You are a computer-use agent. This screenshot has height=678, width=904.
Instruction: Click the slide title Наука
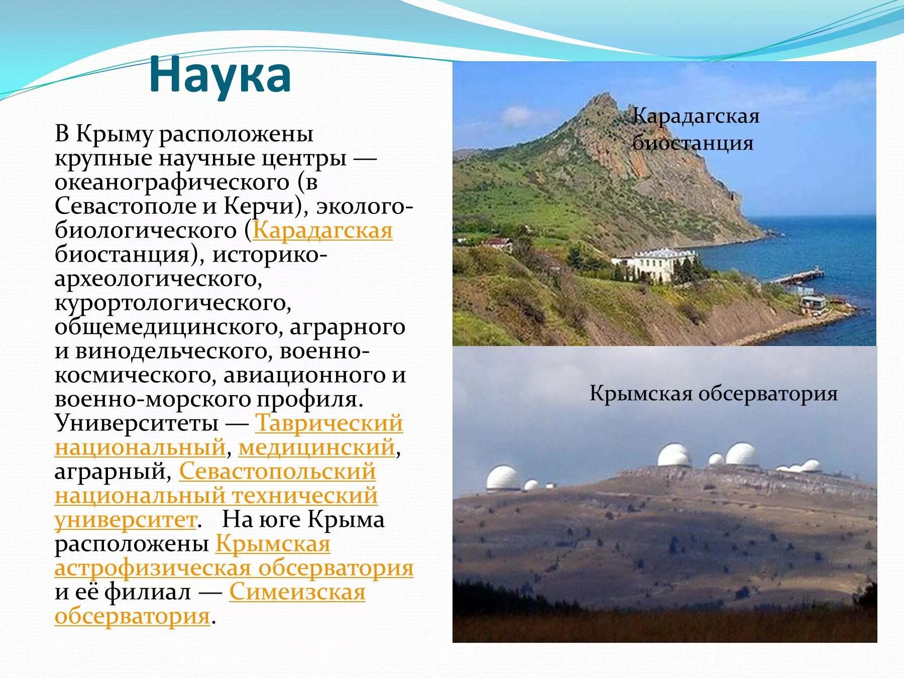[x=220, y=75]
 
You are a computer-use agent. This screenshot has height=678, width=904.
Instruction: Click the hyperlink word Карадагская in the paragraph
[x=322, y=231]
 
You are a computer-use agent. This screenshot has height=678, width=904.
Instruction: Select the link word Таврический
[x=329, y=423]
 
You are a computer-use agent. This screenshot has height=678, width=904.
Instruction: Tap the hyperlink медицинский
[x=316, y=447]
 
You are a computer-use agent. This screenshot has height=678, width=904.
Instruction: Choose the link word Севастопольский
[x=277, y=471]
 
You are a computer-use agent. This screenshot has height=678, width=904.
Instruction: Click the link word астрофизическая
[x=153, y=568]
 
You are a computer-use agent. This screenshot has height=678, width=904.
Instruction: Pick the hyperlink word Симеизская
[x=297, y=592]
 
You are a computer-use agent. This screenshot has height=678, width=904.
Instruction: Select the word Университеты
[x=136, y=423]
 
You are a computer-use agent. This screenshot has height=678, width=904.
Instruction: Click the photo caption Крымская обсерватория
[x=713, y=393]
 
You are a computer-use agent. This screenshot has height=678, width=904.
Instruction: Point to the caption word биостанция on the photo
[x=693, y=143]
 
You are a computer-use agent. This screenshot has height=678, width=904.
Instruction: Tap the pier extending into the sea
[x=799, y=276]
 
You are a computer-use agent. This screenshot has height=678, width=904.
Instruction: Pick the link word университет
[x=126, y=520]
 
